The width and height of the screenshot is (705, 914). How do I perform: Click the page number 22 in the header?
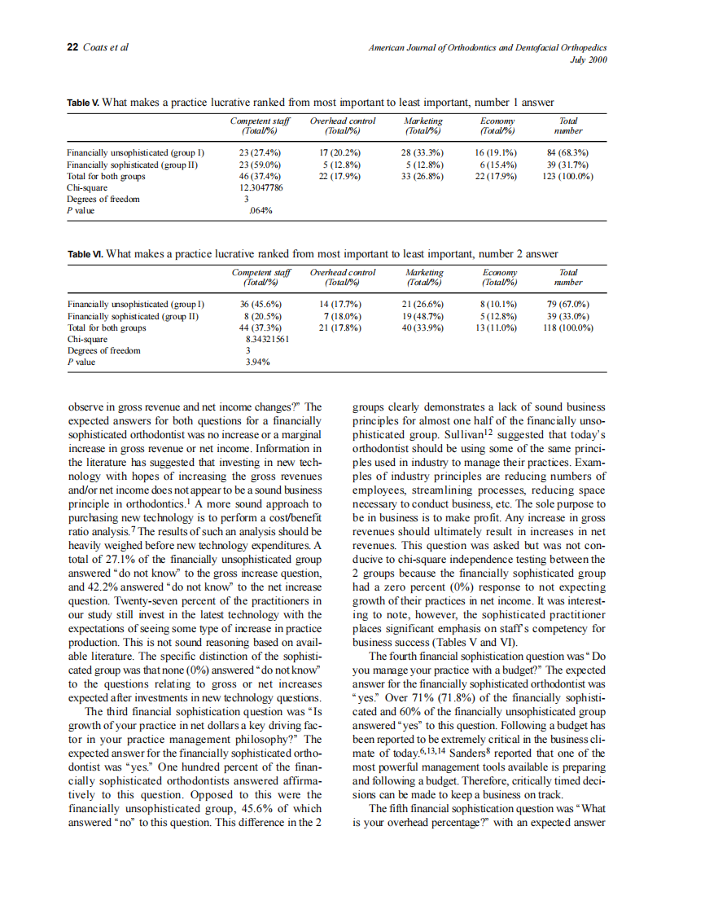coord(72,47)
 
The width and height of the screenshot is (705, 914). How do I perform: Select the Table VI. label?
coord(84,254)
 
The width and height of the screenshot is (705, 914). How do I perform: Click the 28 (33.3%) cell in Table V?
coord(423,152)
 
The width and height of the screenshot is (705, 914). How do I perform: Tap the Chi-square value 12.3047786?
coord(261,187)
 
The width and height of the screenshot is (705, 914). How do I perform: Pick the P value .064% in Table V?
coord(261,210)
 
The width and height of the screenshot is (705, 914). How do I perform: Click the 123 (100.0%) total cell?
coord(567,175)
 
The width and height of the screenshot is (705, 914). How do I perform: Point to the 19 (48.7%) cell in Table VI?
coord(424,316)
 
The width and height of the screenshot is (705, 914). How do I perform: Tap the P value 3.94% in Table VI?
coord(258,363)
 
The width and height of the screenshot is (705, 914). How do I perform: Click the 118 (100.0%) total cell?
coord(568,327)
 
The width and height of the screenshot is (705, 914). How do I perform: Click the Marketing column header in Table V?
coord(423,121)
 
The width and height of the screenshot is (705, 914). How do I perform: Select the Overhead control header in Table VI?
coord(343,273)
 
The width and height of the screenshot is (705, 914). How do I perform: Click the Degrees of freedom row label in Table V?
coord(103,199)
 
